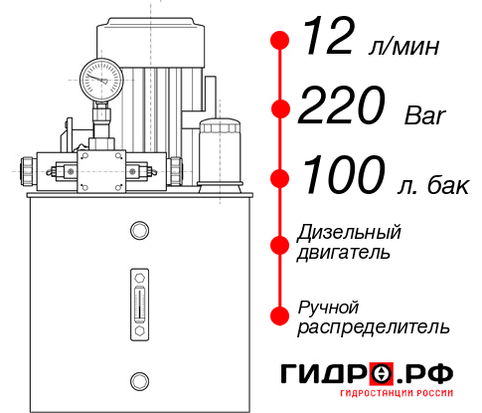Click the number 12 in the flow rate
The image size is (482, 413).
329,40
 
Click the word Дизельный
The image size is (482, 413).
350,232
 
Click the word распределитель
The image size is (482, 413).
374,326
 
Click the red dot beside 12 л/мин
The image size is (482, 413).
280,41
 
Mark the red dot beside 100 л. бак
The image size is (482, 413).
280,178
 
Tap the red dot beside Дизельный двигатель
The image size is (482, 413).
280,244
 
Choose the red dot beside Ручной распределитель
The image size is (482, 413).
280,315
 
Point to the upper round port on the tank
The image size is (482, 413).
138,232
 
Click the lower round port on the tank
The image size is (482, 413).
138,379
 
